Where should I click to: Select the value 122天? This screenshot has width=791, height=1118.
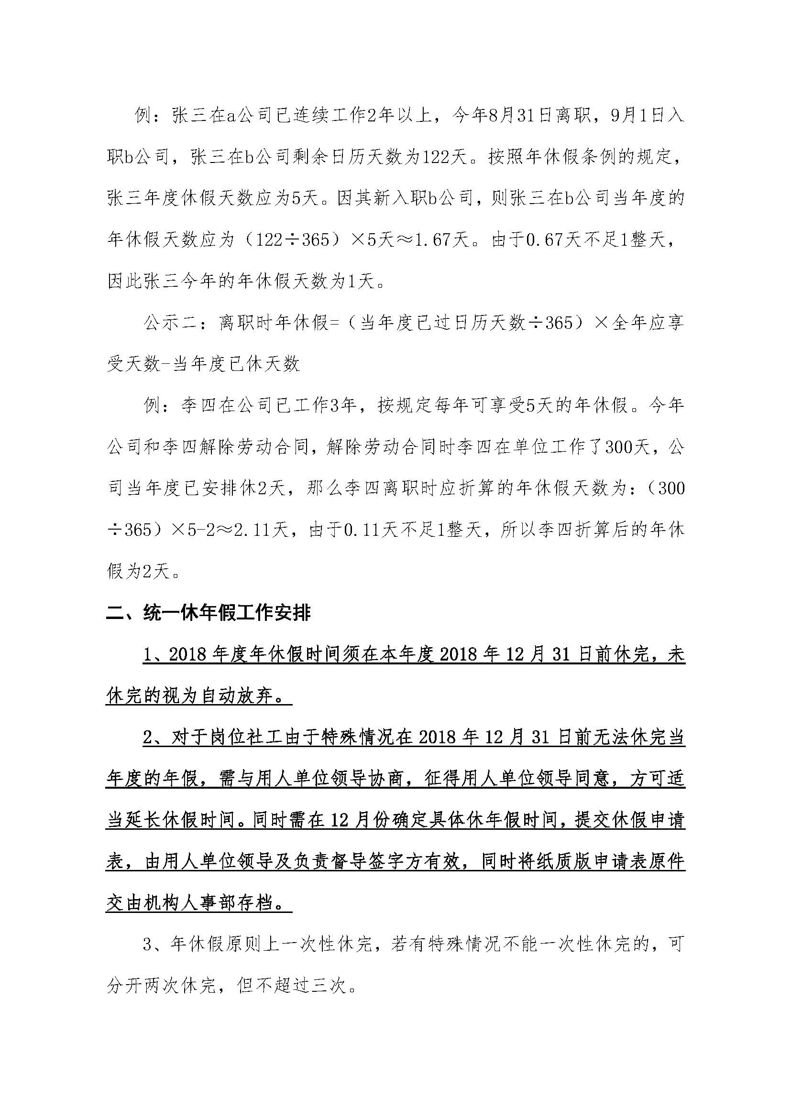pyautogui.click(x=443, y=157)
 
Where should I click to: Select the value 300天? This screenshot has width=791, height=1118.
pyautogui.click(x=628, y=447)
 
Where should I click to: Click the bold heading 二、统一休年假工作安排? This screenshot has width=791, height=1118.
pyautogui.click(x=209, y=613)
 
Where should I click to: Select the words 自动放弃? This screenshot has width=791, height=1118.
pyautogui.click(x=236, y=696)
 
